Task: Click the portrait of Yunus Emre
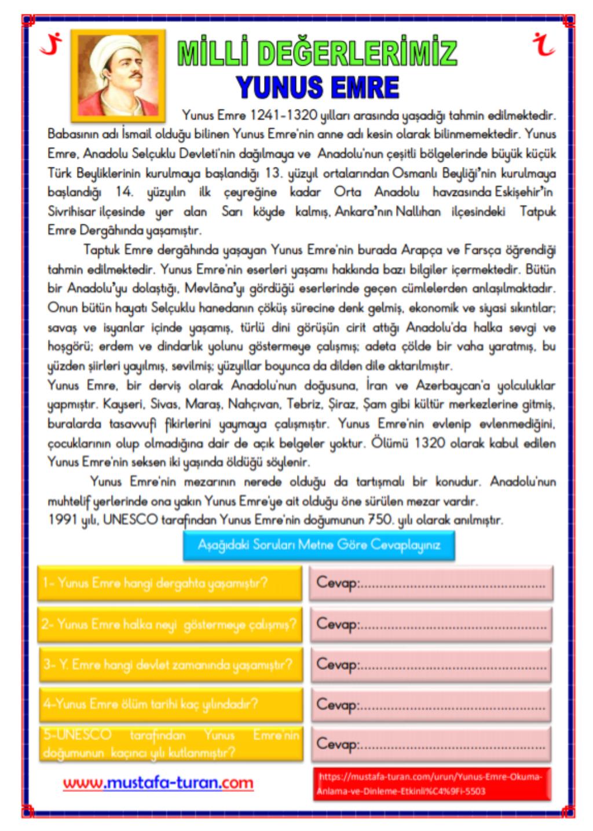click(x=118, y=74)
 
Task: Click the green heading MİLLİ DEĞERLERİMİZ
click(x=317, y=54)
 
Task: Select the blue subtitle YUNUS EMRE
click(x=318, y=88)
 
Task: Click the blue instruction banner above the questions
click(x=319, y=545)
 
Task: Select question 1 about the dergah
click(x=170, y=582)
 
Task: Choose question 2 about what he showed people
click(x=170, y=624)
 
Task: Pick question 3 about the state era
click(x=170, y=664)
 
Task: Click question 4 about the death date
click(x=170, y=704)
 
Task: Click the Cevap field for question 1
click(x=431, y=582)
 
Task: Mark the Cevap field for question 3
click(x=431, y=664)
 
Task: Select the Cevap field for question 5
click(x=431, y=743)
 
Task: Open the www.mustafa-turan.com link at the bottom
click(x=158, y=783)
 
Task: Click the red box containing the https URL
click(x=433, y=783)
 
